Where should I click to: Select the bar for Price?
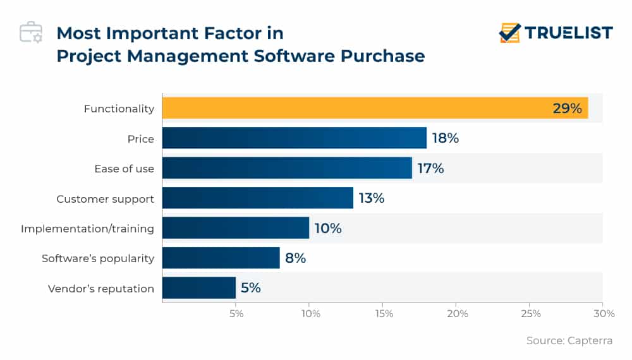tap(294, 138)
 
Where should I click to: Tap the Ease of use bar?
tap(287, 168)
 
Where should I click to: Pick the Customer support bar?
tap(257, 198)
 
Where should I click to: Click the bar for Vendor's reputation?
tap(198, 288)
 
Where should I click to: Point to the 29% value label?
tap(567, 109)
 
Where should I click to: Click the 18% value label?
tap(445, 138)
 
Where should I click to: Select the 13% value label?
tap(371, 198)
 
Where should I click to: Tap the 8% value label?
tap(295, 258)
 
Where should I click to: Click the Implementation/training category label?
tap(87, 229)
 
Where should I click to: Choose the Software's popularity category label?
tap(98, 258)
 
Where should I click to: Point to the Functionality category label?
tap(119, 109)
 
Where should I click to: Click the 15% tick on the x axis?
tap(384, 314)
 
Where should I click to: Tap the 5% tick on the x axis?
tap(236, 314)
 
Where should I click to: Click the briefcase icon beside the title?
tap(31, 33)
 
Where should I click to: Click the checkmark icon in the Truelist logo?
tap(510, 32)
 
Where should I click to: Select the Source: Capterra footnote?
tap(569, 340)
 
